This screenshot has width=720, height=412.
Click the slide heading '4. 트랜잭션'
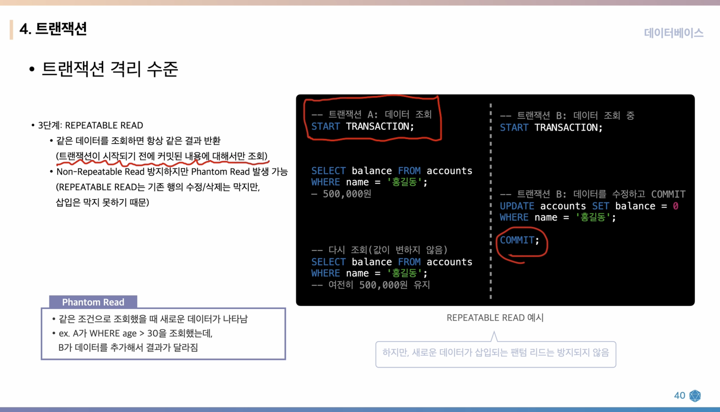tap(53, 29)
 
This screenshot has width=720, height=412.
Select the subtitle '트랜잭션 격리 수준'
tap(110, 69)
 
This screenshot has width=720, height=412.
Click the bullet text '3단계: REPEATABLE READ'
tap(90, 125)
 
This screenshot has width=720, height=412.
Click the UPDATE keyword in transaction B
tap(517, 206)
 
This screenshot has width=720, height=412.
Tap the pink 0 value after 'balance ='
tap(675, 206)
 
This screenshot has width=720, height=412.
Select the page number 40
tap(679, 395)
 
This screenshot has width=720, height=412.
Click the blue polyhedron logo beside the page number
tap(695, 396)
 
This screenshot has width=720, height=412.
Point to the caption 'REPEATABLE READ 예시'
tap(495, 318)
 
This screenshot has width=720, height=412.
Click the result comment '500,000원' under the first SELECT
tap(346, 194)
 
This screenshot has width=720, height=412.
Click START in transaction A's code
tap(325, 126)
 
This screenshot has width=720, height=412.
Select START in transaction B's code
tap(514, 128)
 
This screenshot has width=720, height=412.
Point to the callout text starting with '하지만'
tap(495, 353)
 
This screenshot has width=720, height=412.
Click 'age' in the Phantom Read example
tap(129, 334)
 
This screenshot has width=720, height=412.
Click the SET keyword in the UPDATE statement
tap(600, 206)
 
